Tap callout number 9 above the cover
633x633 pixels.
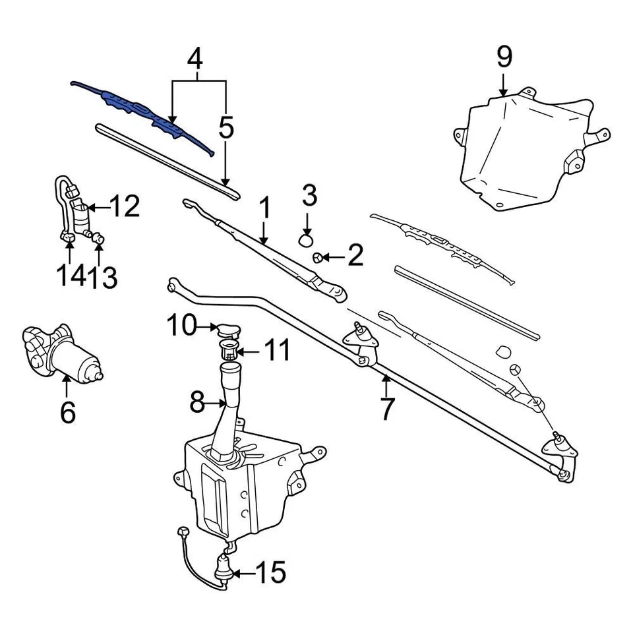point(504,58)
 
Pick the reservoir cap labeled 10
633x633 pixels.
point(228,329)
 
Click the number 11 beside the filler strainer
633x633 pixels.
point(277,350)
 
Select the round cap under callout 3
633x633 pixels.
point(307,239)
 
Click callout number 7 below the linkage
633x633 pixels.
point(386,409)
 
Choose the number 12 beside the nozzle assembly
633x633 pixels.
point(124,207)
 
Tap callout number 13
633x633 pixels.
point(104,278)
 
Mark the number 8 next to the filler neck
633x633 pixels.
point(197,402)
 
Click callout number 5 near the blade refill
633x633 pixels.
point(226,129)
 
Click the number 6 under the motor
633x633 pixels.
point(67,413)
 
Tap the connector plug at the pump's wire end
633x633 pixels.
point(182,531)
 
